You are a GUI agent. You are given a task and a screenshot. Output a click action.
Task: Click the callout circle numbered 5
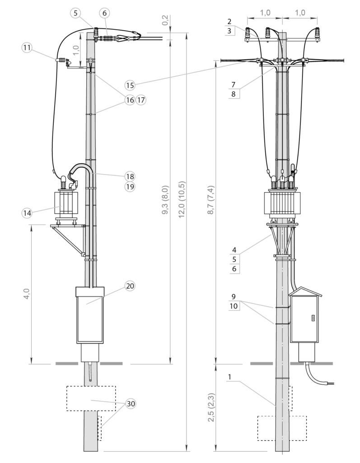75,13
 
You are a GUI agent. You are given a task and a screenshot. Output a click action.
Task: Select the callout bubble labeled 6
104,13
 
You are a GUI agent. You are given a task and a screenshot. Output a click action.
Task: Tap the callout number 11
27,47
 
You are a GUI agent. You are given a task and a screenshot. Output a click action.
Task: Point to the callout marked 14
27,213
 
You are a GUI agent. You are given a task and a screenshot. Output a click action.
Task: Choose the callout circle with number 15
130,85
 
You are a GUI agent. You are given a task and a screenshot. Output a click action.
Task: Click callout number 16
130,100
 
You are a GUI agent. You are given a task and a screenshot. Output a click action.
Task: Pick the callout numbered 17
141,100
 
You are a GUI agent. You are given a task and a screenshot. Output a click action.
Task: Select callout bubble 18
130,176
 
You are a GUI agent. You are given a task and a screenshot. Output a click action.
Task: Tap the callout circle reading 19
130,186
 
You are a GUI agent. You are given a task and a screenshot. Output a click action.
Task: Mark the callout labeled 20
130,286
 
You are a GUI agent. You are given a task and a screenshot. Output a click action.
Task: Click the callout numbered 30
131,404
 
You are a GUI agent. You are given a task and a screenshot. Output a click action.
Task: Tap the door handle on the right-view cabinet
313,318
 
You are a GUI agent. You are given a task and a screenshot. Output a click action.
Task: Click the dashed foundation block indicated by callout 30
90,398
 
